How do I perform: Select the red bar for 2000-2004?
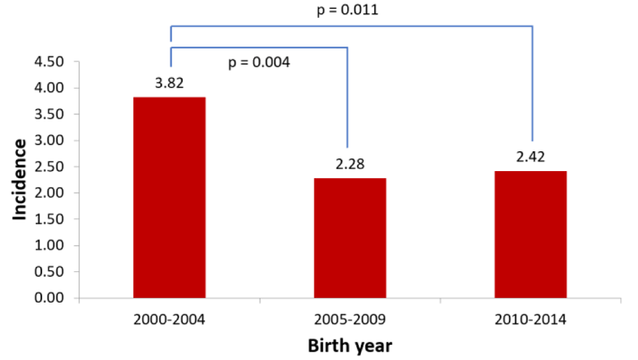169,197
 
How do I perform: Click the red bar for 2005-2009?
350,238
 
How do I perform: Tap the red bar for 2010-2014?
531,234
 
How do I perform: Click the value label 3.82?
169,83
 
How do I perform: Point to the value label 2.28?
350,164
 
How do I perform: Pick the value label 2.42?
531,157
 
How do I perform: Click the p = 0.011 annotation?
348,10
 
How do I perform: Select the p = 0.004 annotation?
259,63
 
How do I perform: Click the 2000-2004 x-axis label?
169,320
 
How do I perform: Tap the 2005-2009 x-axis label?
350,320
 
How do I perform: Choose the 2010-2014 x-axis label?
531,320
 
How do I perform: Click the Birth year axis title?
350,346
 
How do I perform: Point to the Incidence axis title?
19,179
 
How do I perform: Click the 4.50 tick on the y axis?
49,62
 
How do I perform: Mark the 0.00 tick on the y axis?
49,297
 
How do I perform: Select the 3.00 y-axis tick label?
49,140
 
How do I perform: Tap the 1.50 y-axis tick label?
49,219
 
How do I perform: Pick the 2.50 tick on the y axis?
49,167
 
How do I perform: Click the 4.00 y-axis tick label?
49,88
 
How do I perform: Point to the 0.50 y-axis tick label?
49,272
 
